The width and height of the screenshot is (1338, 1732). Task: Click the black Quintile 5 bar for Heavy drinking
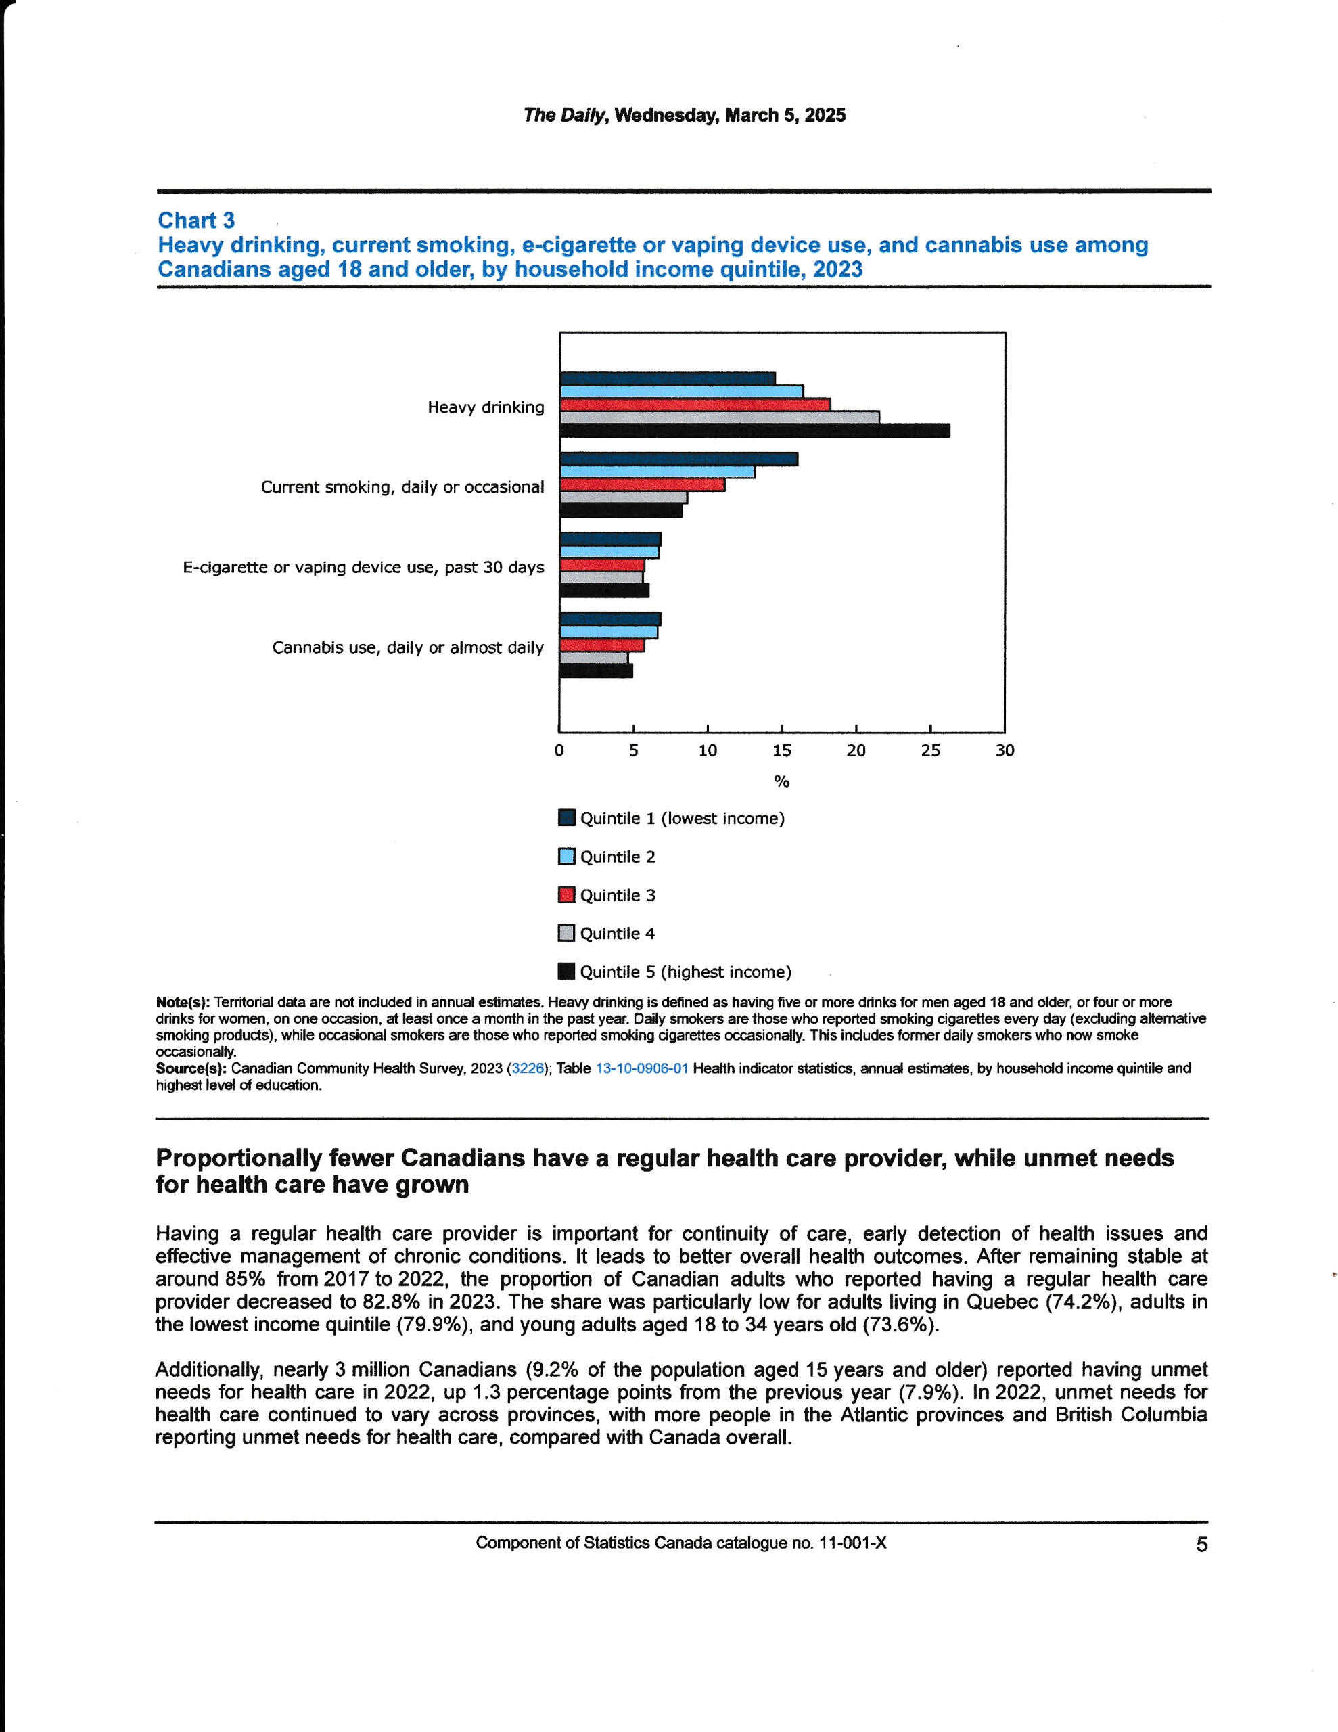pos(754,430)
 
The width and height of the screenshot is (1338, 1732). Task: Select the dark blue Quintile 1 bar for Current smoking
pos(678,459)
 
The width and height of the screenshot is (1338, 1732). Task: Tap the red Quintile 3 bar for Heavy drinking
pos(694,405)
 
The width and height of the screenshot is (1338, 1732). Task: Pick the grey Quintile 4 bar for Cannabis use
pos(593,658)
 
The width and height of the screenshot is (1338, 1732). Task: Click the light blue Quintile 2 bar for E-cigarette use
pos(609,552)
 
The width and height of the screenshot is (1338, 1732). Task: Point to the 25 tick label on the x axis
pos(929,750)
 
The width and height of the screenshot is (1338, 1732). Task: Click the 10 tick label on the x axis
pos(708,750)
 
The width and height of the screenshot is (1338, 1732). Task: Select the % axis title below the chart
pos(781,782)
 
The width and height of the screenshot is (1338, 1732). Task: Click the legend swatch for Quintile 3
pos(566,894)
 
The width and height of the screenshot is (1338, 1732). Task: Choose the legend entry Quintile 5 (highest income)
pos(685,972)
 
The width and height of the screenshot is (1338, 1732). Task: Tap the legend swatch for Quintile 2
pos(566,857)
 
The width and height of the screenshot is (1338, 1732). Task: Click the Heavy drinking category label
pos(486,407)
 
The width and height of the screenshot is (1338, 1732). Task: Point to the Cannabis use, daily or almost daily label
pos(408,648)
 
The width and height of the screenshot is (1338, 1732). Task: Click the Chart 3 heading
pos(196,221)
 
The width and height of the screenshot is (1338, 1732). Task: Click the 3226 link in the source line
pos(528,1068)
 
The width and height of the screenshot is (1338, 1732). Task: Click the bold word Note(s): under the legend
pos(183,1003)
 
